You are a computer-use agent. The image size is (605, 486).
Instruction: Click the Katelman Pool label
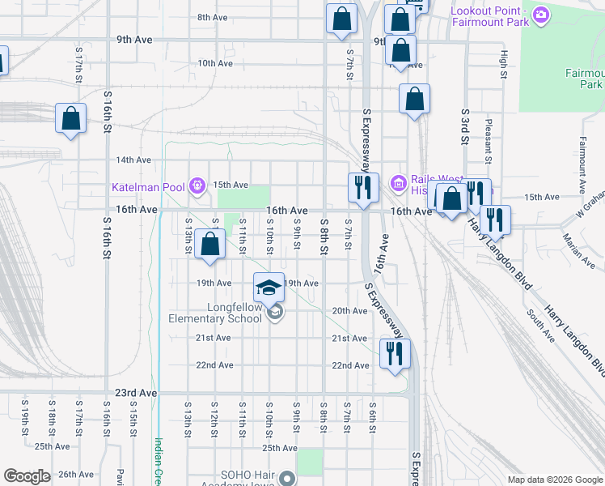148,187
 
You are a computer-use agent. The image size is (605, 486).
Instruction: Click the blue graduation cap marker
269,287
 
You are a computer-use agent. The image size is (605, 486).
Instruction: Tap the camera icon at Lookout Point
541,14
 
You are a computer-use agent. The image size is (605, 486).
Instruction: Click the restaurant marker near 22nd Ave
395,353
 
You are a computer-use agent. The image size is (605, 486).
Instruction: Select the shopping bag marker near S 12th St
209,244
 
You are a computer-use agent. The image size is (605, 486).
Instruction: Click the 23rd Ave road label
136,392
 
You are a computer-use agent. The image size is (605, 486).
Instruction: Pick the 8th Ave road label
214,17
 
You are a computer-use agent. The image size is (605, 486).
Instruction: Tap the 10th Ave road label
215,62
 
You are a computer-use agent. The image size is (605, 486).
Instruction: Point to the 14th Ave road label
133,160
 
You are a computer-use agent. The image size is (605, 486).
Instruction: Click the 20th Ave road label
349,311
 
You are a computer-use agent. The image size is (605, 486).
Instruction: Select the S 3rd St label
465,126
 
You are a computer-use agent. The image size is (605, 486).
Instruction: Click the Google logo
27,476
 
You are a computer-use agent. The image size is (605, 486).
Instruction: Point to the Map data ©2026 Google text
555,479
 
